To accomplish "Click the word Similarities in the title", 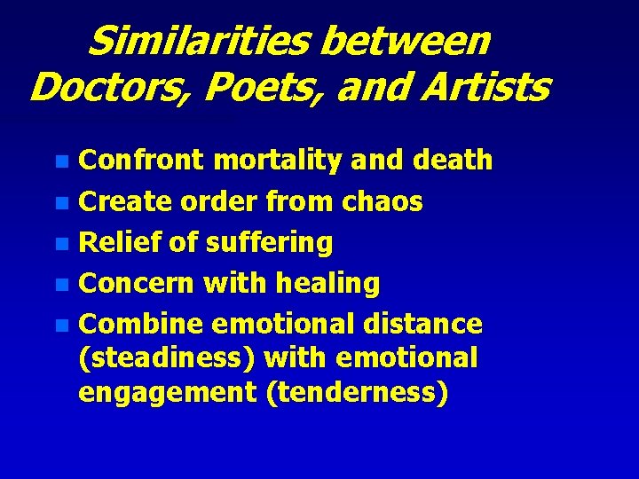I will point(203,41).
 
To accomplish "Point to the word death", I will point(454,160).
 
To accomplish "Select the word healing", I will point(327,284).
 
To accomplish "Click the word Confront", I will point(141,160).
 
